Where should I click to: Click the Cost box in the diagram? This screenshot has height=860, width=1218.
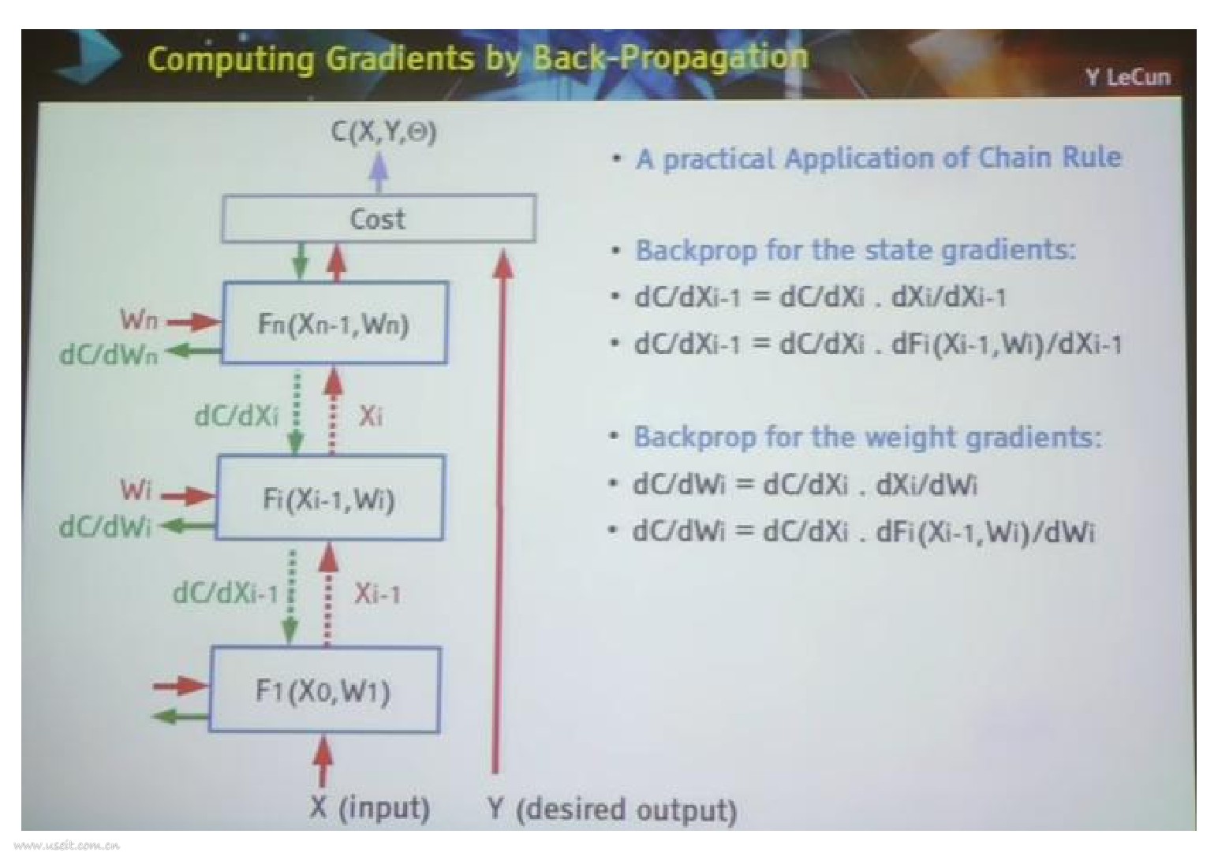pos(378,218)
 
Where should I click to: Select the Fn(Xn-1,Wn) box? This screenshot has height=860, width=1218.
pos(334,323)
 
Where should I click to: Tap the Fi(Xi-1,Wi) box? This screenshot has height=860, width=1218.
pos(329,498)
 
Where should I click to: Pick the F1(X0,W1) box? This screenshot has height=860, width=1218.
pos(323,691)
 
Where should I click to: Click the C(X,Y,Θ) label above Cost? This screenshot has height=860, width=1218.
pos(383,132)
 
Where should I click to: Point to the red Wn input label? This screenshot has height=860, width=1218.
pos(139,320)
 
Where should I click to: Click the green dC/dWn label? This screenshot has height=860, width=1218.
pos(109,354)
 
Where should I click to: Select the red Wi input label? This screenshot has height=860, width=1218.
pos(135,490)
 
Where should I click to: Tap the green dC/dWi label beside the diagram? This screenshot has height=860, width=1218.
pos(105,526)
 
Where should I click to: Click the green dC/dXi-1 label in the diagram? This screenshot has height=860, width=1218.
pos(226,592)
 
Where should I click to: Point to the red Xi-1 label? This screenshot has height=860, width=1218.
pos(377,593)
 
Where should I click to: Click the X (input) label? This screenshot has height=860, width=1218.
pos(370,807)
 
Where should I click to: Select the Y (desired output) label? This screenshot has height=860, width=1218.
pos(612,810)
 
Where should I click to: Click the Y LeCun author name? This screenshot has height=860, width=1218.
pos(1127,77)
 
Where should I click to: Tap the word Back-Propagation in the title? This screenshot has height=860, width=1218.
pos(670,57)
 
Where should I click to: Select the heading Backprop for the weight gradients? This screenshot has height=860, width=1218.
pos(867,437)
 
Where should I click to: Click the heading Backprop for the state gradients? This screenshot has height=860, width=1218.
pos(855,250)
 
